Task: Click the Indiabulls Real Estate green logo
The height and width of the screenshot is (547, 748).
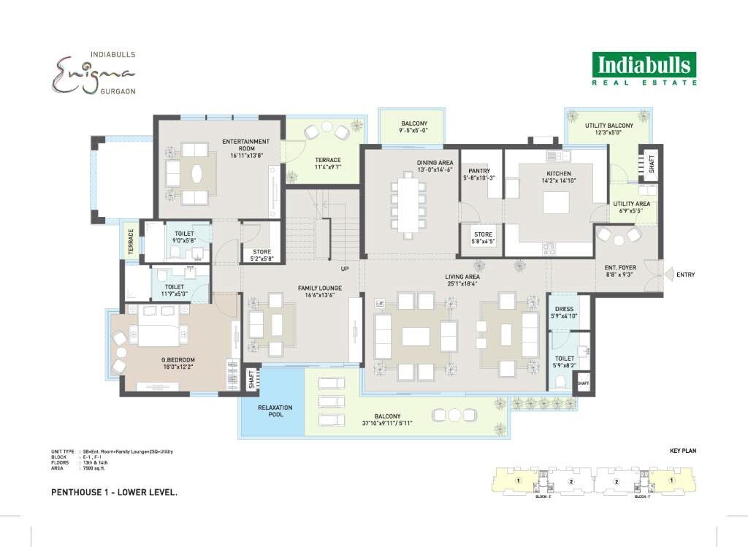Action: (x=644, y=69)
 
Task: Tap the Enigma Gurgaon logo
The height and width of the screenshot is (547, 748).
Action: (x=93, y=73)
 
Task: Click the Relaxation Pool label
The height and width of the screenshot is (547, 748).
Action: (x=275, y=411)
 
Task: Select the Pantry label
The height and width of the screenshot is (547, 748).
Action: (x=479, y=170)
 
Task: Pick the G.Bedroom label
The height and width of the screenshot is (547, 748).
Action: (x=178, y=360)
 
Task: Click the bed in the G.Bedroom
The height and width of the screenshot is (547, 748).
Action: (x=159, y=326)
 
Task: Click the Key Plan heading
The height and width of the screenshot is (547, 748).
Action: (x=682, y=451)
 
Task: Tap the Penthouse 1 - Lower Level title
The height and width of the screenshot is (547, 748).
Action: (x=114, y=492)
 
